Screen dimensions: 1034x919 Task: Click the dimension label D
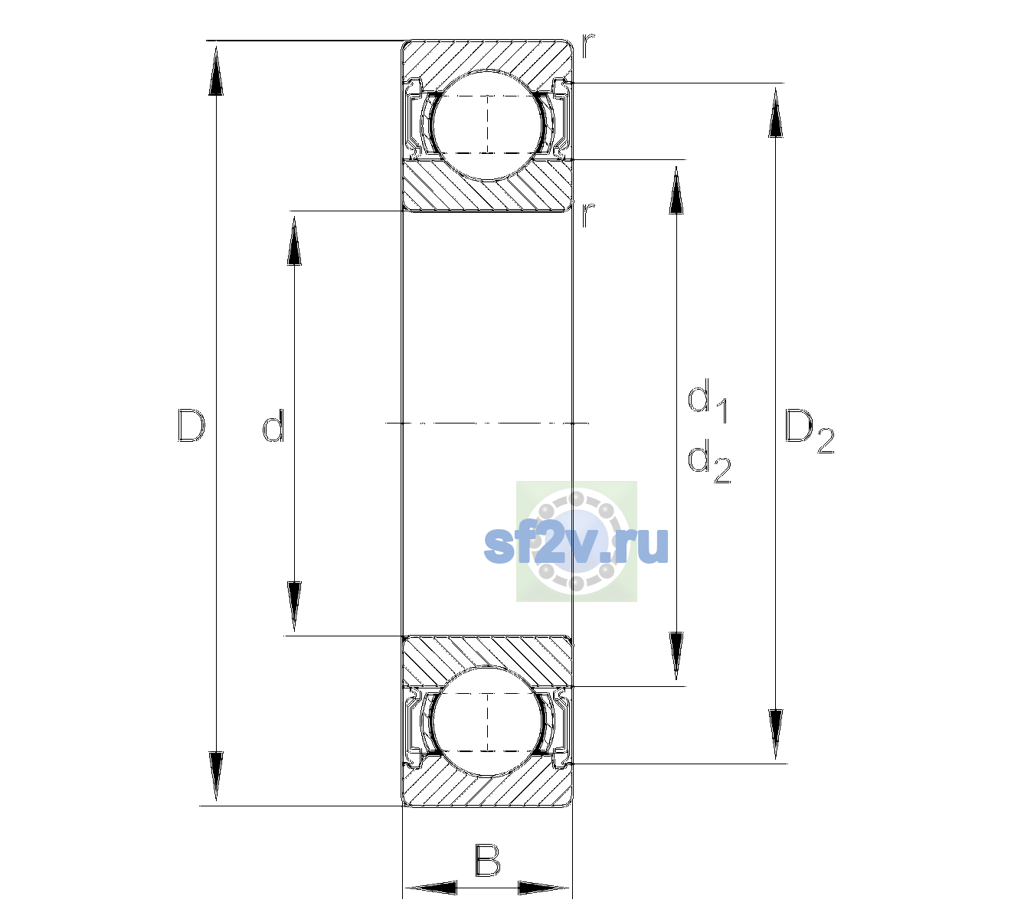coord(191,425)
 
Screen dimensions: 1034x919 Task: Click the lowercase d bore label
coord(273,425)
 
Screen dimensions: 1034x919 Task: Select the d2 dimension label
coord(709,461)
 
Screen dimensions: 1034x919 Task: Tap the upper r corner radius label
coord(588,46)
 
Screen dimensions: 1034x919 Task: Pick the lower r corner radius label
coord(588,215)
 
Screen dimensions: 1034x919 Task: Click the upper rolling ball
coord(487,125)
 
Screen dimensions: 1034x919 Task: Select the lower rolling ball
coord(487,721)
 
